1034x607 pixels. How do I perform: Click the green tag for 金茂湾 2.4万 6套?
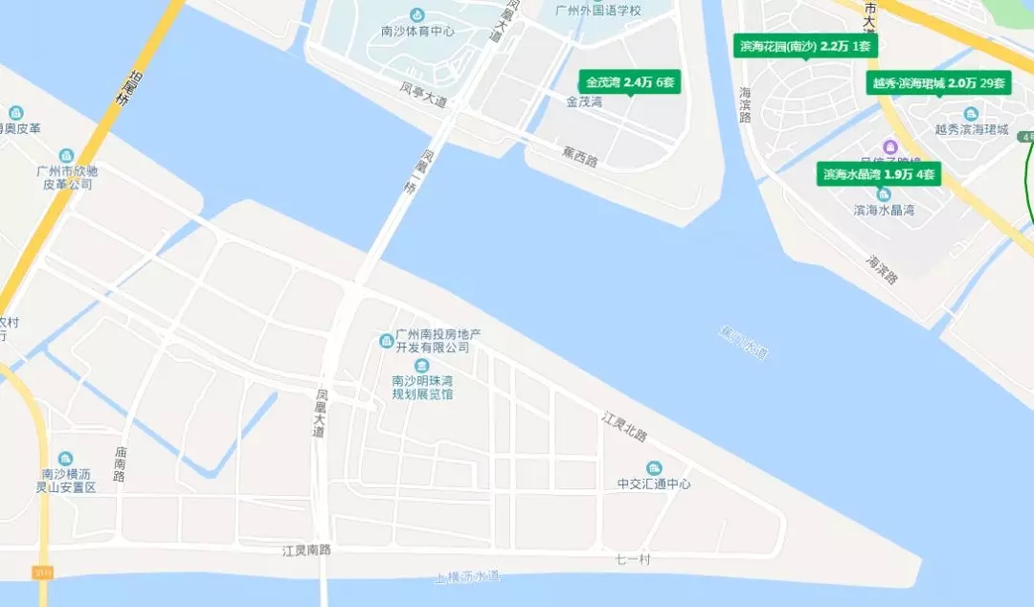[x=631, y=82]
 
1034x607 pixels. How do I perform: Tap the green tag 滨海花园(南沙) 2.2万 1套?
[x=805, y=46]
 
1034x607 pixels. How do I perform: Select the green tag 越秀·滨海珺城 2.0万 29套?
[x=938, y=83]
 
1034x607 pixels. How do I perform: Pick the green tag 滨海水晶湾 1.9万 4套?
[x=878, y=174]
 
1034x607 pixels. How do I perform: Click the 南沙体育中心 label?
[x=417, y=31]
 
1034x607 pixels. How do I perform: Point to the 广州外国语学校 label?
[x=598, y=11]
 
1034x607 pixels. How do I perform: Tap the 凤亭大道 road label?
[x=423, y=94]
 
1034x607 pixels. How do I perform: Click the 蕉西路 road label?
[x=579, y=156]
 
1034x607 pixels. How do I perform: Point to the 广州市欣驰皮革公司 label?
[x=66, y=177]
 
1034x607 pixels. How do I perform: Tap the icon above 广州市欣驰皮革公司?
[x=66, y=155]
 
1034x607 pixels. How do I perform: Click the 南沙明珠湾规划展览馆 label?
[x=422, y=387]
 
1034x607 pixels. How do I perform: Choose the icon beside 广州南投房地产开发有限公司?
[x=387, y=341]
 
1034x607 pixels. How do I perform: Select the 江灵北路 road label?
[x=624, y=427]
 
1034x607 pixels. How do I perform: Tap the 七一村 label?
[x=632, y=559]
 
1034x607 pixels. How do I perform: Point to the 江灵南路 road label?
[x=306, y=551]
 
